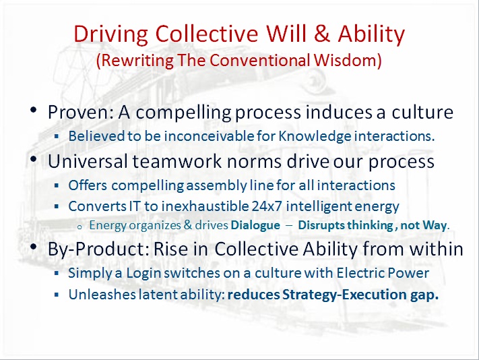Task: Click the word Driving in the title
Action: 111,34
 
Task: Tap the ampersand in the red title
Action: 321,33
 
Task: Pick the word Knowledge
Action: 315,136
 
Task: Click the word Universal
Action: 88,161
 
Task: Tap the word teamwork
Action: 177,161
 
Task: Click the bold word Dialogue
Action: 255,225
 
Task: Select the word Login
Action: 143,273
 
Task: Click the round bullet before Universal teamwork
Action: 34,159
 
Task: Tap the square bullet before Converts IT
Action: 56,206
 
